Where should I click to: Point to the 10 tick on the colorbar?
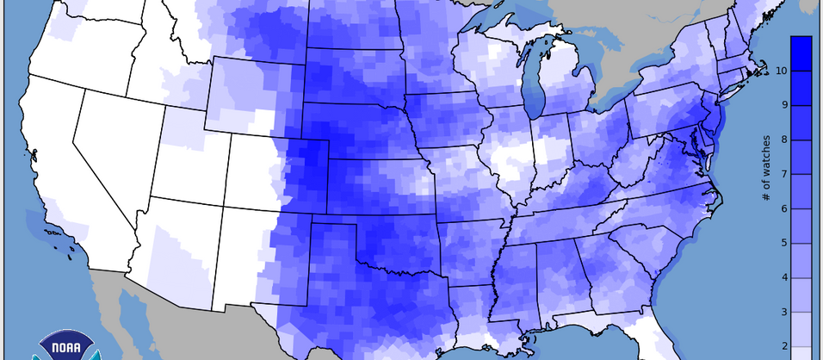coord(781,71)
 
